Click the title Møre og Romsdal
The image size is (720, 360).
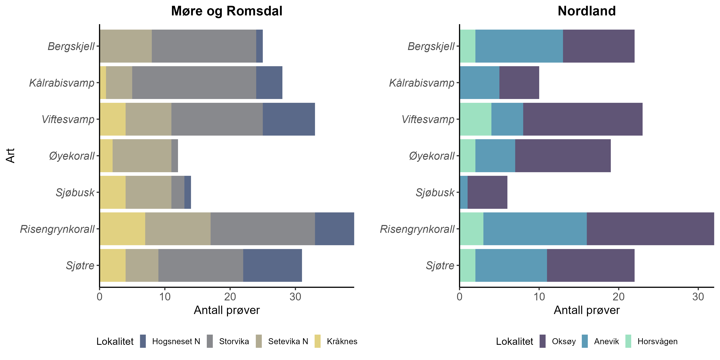coord(227,11)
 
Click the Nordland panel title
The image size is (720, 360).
coord(586,11)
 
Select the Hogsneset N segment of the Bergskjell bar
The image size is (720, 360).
coord(259,46)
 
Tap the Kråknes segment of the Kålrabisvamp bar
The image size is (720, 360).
coord(103,83)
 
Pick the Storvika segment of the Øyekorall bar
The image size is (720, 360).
coord(175,156)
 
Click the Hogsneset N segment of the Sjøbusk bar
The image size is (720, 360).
coord(188,192)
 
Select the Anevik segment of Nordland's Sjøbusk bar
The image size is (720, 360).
coord(464,192)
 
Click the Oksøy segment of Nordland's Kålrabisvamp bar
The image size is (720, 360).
coord(519,83)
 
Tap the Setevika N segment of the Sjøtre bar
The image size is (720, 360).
coord(142,265)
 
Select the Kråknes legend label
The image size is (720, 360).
coord(342,341)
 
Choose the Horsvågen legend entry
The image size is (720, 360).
coord(657,341)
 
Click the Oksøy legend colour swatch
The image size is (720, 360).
coord(543,341)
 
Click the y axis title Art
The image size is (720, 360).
coord(10,156)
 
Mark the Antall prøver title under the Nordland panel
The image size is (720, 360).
coord(586,310)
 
